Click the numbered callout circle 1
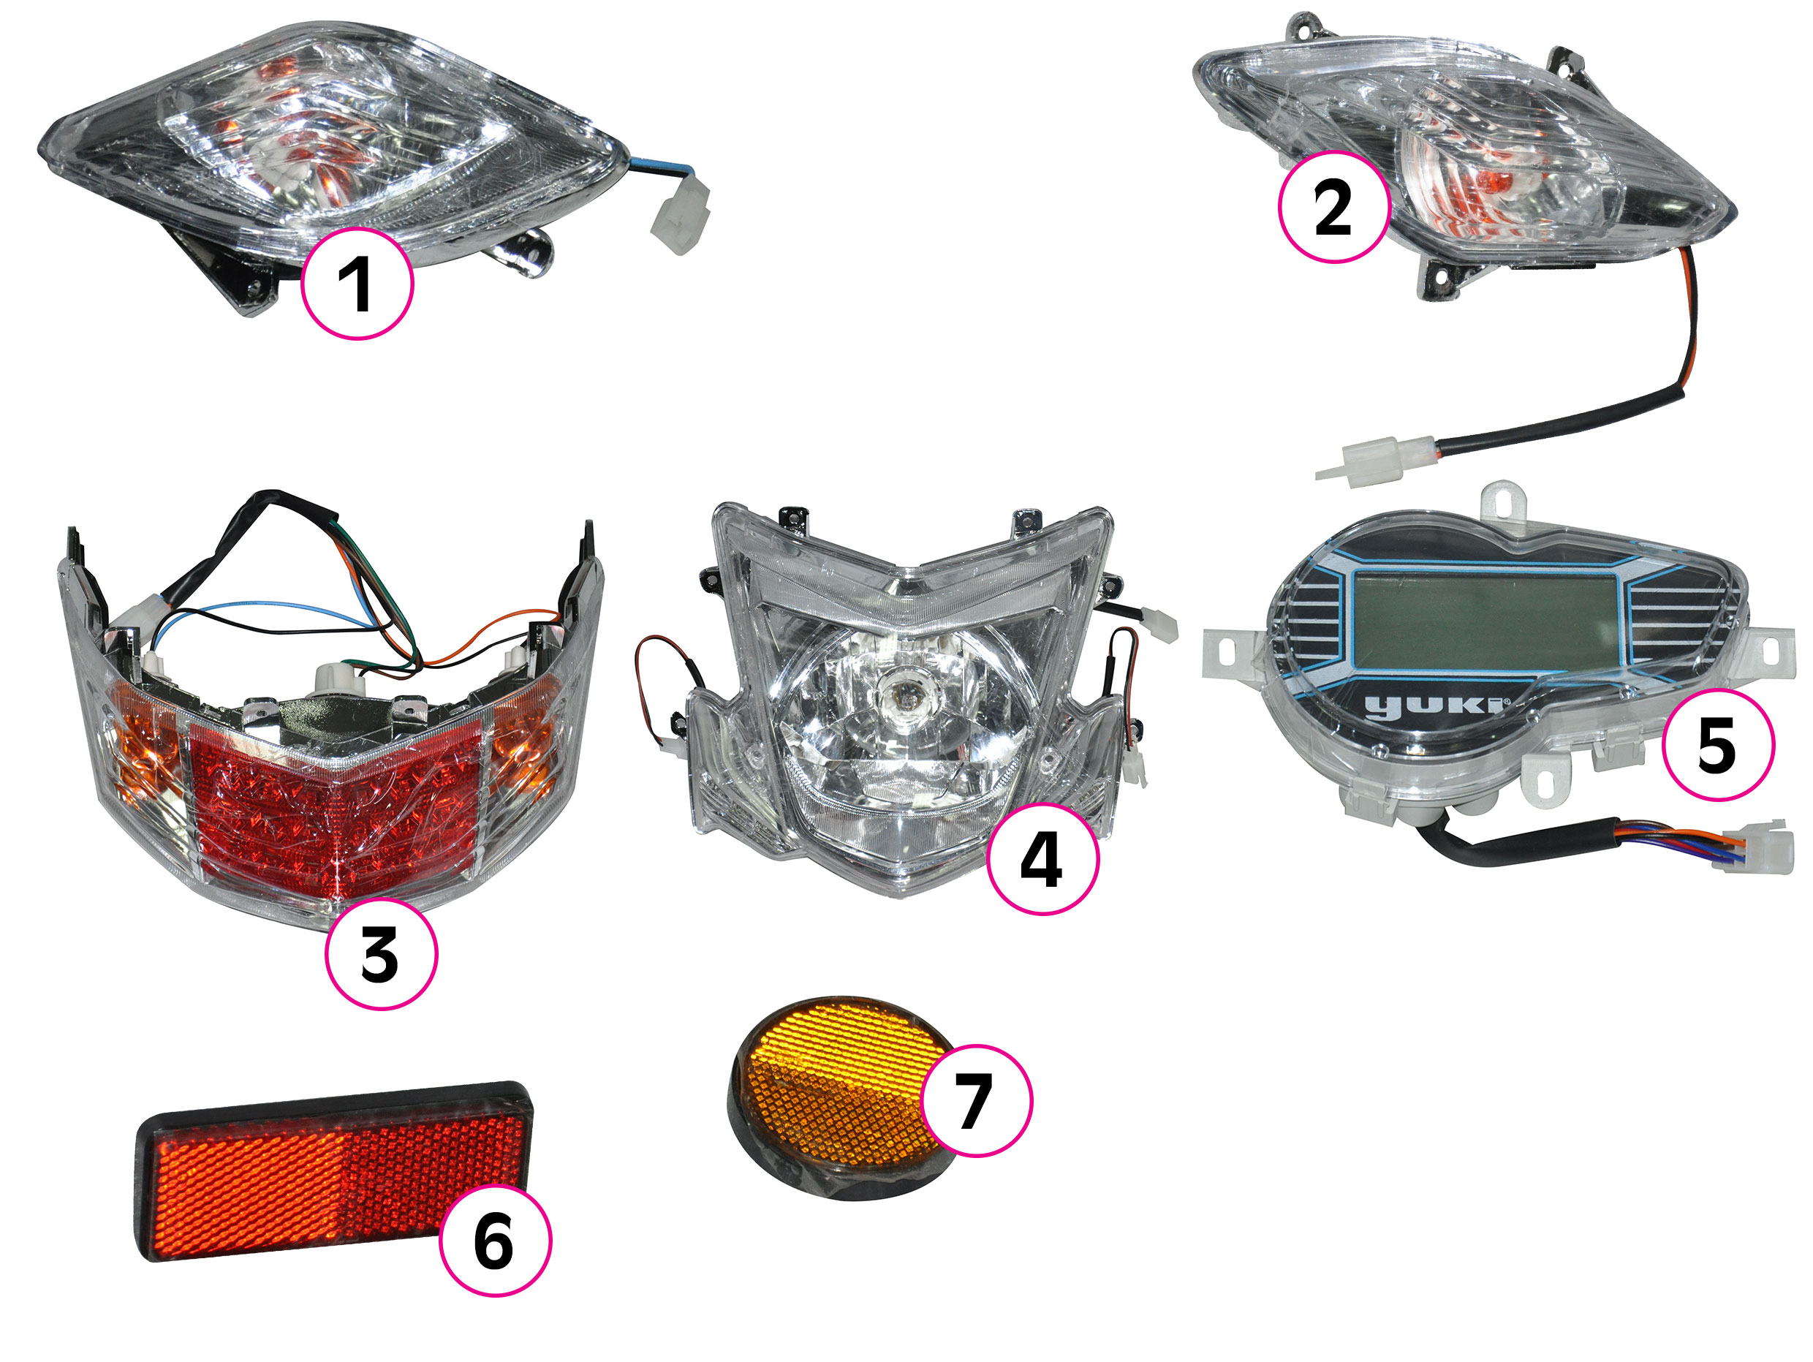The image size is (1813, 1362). (357, 284)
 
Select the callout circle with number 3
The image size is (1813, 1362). (381, 954)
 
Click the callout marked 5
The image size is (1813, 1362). (1717, 745)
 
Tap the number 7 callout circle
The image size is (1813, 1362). (976, 1100)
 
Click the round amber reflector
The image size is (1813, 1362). (844, 1098)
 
